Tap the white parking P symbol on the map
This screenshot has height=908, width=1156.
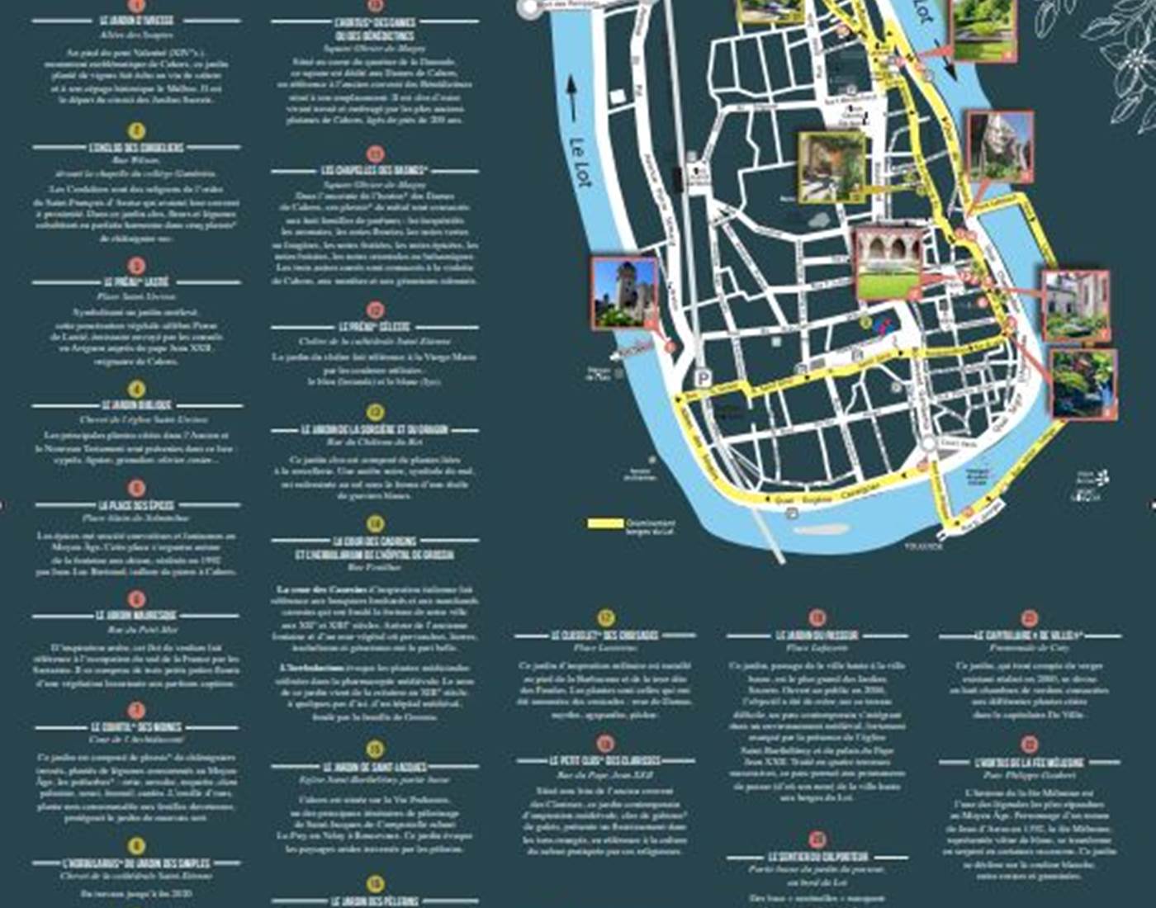(x=704, y=377)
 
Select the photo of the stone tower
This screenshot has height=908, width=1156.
(x=624, y=292)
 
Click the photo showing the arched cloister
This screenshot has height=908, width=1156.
(x=888, y=263)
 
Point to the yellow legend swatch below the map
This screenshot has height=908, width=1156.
(x=605, y=523)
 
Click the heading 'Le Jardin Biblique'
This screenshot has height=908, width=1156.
(x=137, y=405)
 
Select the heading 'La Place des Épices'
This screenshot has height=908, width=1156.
(x=137, y=504)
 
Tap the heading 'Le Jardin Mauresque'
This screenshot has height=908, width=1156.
(x=137, y=616)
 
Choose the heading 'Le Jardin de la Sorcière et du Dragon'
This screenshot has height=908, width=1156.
(x=374, y=430)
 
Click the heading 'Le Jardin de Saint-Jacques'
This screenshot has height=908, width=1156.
(x=374, y=767)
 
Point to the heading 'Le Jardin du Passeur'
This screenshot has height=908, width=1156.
(x=817, y=636)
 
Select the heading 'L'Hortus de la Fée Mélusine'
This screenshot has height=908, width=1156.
(x=1029, y=763)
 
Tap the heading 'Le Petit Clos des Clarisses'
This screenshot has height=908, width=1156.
(x=605, y=760)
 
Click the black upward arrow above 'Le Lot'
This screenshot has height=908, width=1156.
(x=571, y=98)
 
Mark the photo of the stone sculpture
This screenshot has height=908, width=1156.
(x=1000, y=147)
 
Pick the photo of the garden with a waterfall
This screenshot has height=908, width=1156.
(x=1083, y=383)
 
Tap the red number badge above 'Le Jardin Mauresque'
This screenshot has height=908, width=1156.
(x=137, y=599)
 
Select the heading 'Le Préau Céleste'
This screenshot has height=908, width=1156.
(x=374, y=328)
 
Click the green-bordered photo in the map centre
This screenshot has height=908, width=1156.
(x=831, y=167)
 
